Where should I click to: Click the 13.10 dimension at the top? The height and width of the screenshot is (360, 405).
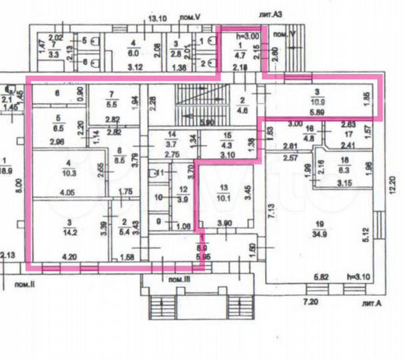pyautogui.click(x=158, y=19)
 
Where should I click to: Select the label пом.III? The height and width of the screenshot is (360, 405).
pyautogui.click(x=180, y=279)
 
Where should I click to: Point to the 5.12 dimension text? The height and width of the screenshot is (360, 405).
pyautogui.click(x=365, y=233)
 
